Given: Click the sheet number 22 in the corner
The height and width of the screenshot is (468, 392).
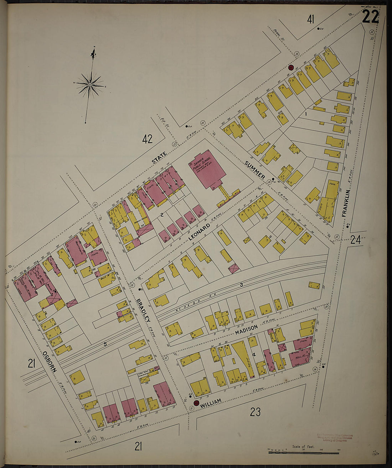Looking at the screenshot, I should click(x=370, y=17).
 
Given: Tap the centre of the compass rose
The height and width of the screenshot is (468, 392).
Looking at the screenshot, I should click(x=90, y=85).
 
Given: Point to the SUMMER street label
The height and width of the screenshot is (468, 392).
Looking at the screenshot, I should click(x=255, y=170).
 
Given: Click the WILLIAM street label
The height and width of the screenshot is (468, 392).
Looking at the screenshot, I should click(x=211, y=403).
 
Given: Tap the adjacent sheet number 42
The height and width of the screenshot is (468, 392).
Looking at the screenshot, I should click(x=147, y=139).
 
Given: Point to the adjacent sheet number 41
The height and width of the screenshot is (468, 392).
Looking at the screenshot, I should click(x=311, y=19).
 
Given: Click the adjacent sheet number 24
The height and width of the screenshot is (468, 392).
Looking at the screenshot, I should click(x=355, y=240).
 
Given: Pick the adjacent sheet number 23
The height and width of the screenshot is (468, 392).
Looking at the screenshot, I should click(x=255, y=412).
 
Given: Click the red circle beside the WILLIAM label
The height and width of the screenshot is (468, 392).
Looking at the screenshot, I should click(x=196, y=403).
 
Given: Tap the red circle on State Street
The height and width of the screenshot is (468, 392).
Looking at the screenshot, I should click(x=290, y=68).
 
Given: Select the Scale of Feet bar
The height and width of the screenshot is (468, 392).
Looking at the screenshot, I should click(x=303, y=452).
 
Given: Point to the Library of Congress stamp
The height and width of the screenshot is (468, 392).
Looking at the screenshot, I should click(x=334, y=437).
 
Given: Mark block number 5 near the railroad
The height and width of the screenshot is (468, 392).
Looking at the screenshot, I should click(x=105, y=344).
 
